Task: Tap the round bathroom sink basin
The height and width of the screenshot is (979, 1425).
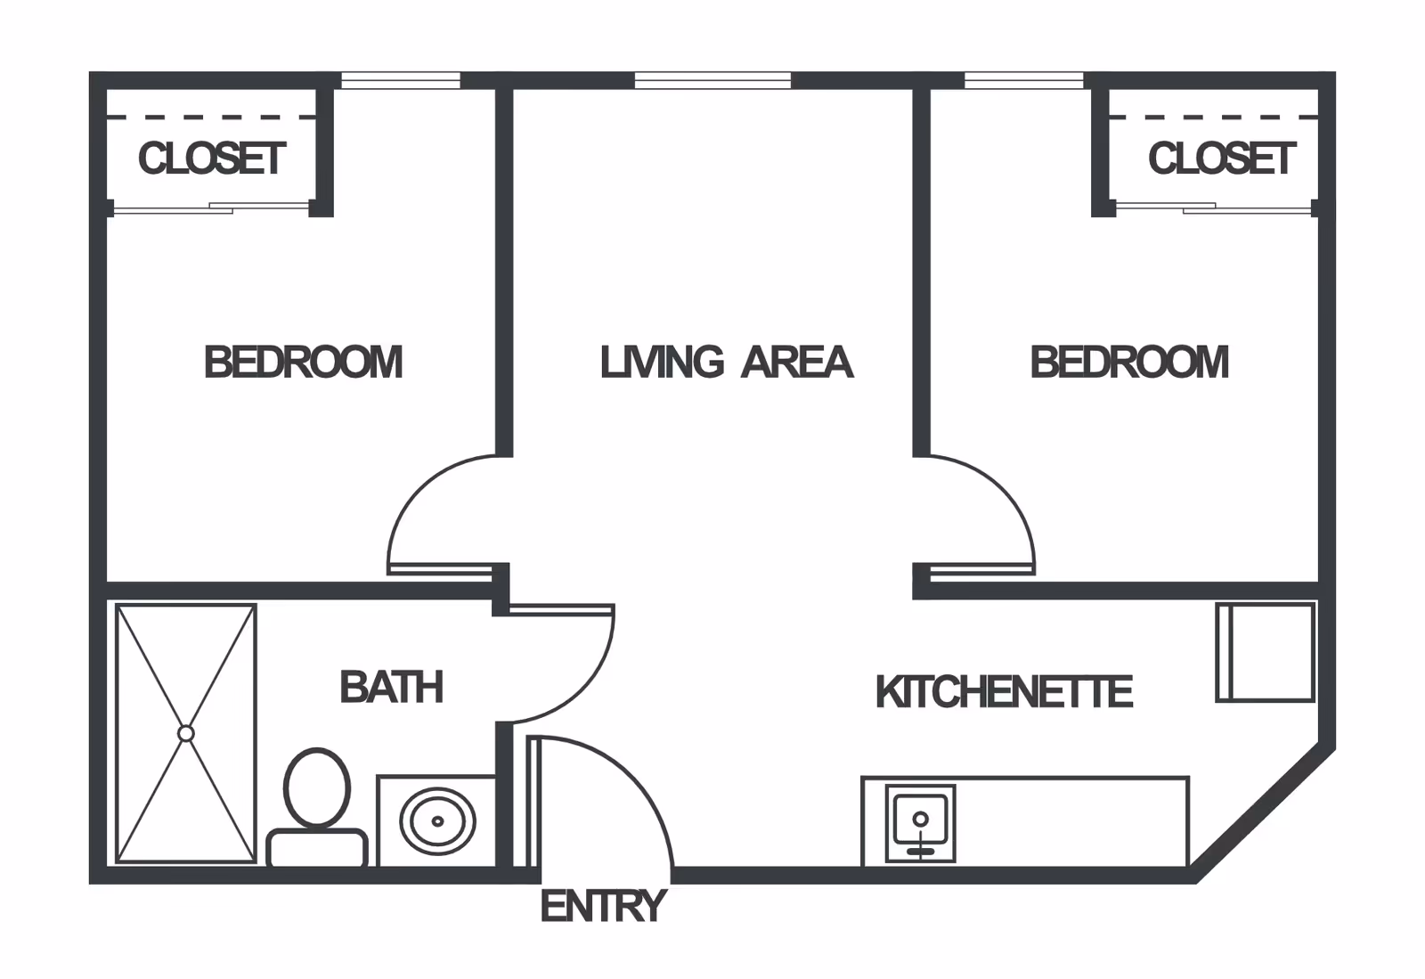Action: click(437, 820)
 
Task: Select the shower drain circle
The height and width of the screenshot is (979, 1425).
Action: click(186, 733)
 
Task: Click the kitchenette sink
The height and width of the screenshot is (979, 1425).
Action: click(921, 822)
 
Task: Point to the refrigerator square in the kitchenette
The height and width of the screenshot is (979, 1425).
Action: click(1266, 652)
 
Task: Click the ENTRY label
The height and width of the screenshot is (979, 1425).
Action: click(603, 907)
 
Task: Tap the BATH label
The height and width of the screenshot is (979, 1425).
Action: click(391, 687)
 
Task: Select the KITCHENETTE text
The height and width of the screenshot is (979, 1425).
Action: click(1004, 692)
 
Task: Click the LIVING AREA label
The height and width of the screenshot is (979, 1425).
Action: click(726, 362)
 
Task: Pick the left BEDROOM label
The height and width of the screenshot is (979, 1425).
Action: click(303, 362)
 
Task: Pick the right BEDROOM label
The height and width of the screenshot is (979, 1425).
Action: click(1129, 362)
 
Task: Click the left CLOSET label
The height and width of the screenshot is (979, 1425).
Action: click(212, 159)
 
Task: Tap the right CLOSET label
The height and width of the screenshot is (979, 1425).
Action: click(1221, 159)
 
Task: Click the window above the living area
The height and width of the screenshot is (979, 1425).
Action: click(712, 81)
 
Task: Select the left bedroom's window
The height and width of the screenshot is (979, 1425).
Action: click(401, 81)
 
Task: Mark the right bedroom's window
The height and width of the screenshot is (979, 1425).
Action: click(1024, 81)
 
